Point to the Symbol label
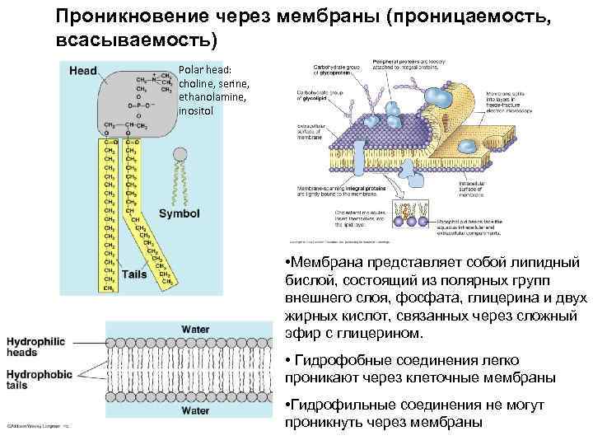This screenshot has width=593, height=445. click(x=179, y=213)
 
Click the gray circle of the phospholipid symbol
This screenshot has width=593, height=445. click(x=180, y=154)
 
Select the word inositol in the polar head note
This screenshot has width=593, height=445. click(x=195, y=109)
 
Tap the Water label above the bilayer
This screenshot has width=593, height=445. click(x=195, y=330)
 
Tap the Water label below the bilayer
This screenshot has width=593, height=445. click(x=195, y=410)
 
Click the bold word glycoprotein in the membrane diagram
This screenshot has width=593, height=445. click(x=338, y=72)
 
